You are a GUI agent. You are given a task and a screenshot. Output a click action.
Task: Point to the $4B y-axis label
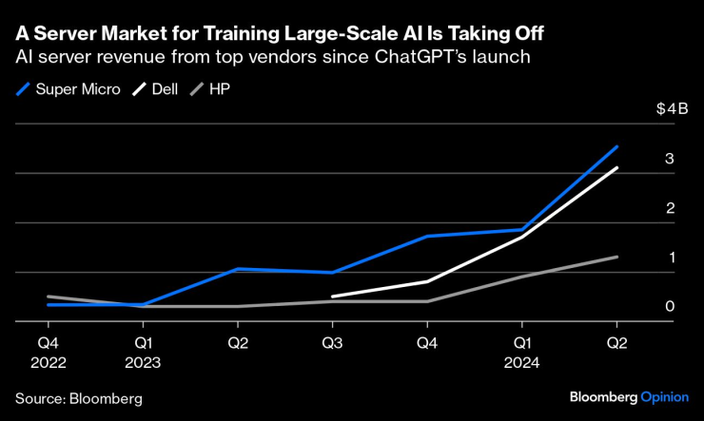671,109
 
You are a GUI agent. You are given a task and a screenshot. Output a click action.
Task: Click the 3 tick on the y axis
670,159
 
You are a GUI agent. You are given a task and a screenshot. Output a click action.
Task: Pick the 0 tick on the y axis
670,307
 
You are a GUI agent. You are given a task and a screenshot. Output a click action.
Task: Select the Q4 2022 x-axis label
47,352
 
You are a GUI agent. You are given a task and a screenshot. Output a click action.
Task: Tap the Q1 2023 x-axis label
142,352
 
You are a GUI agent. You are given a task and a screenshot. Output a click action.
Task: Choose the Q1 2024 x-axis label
521,352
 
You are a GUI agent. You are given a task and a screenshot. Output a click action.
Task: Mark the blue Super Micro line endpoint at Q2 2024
617,146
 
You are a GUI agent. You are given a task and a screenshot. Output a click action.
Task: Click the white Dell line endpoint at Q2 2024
617,168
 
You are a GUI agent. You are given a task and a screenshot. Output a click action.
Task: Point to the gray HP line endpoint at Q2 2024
617,257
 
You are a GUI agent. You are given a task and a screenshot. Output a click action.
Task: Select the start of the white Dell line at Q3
332,297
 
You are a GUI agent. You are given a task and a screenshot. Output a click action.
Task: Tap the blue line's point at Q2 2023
237,269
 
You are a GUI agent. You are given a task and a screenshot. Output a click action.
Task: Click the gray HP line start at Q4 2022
48,297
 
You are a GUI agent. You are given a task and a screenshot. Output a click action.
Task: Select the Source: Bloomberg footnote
78,398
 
